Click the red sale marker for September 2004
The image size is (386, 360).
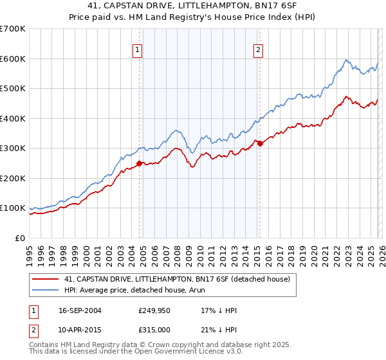click(140, 163)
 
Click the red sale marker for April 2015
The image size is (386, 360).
click(260, 144)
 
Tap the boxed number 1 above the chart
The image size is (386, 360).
click(138, 50)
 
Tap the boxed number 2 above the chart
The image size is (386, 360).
click(258, 50)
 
